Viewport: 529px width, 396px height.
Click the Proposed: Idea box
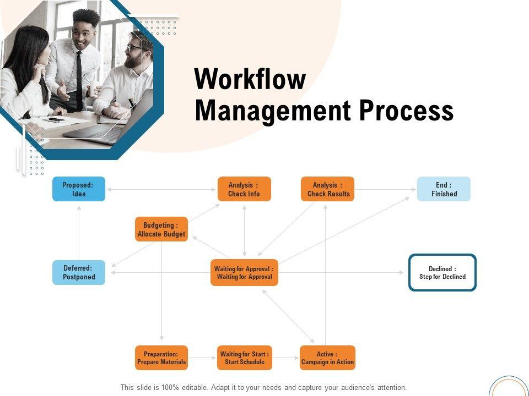pos(79,189)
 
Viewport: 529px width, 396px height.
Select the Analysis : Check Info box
pos(244,189)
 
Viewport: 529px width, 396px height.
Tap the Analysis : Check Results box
pos(327,189)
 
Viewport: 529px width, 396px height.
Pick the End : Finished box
pos(444,189)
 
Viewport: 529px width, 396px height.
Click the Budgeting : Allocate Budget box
pos(161,229)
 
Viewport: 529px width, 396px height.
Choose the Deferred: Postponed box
pos(79,272)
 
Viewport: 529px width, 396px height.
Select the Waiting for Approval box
pos(244,272)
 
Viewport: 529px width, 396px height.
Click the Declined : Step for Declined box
pos(442,272)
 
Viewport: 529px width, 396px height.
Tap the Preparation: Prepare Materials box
pos(161,358)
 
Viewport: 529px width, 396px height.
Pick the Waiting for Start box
pos(245,358)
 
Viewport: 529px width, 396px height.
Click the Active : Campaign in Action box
pos(327,358)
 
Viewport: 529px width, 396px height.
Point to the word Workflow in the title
pos(250,79)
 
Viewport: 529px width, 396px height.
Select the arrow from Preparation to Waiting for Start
pos(202,358)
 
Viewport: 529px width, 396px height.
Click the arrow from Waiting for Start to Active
pos(286,358)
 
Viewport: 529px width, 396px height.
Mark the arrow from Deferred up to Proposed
pos(79,233)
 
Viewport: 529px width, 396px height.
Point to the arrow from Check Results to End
pos(386,189)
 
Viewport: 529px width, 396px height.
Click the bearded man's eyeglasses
pos(133,48)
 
